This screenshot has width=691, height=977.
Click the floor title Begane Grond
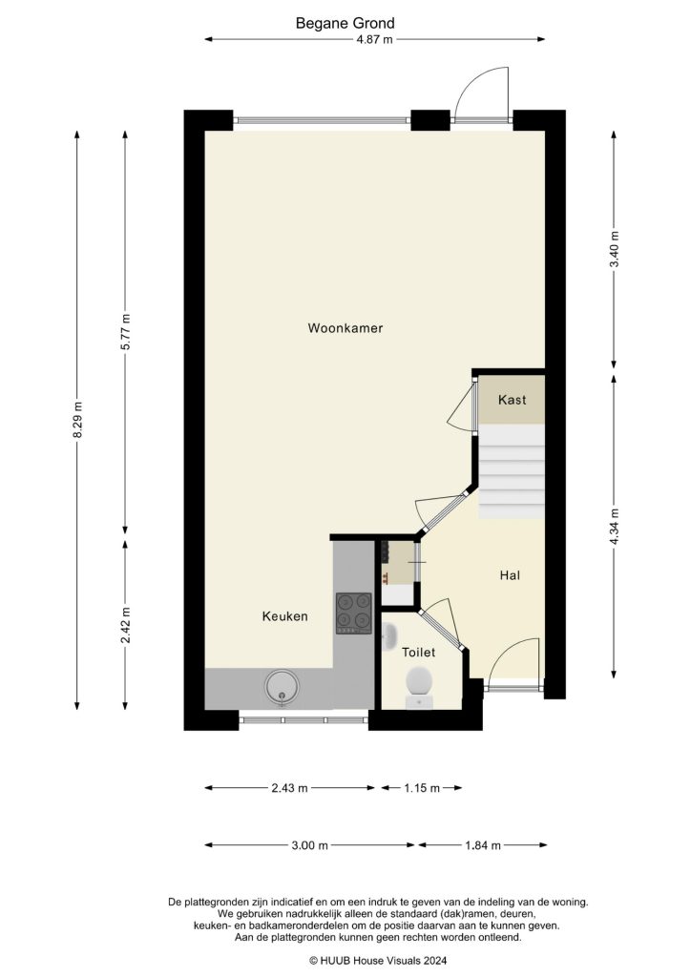(345, 23)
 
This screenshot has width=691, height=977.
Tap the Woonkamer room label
(345, 328)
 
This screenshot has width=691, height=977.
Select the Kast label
(512, 401)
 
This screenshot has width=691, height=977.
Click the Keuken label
(284, 616)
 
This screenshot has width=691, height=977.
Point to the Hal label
(510, 575)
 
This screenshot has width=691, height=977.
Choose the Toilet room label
(419, 653)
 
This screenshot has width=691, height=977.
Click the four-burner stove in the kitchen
(353, 613)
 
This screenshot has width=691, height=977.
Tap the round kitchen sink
(283, 686)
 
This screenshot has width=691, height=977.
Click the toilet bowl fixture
(419, 684)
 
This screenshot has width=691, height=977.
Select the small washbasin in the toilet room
(388, 636)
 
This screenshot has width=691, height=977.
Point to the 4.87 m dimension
(374, 39)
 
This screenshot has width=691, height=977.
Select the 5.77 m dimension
(125, 332)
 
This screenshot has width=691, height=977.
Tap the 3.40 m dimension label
(616, 249)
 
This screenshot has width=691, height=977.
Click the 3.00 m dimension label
(309, 845)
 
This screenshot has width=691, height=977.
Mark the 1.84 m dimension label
(482, 845)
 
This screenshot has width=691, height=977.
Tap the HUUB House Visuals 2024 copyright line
(377, 961)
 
